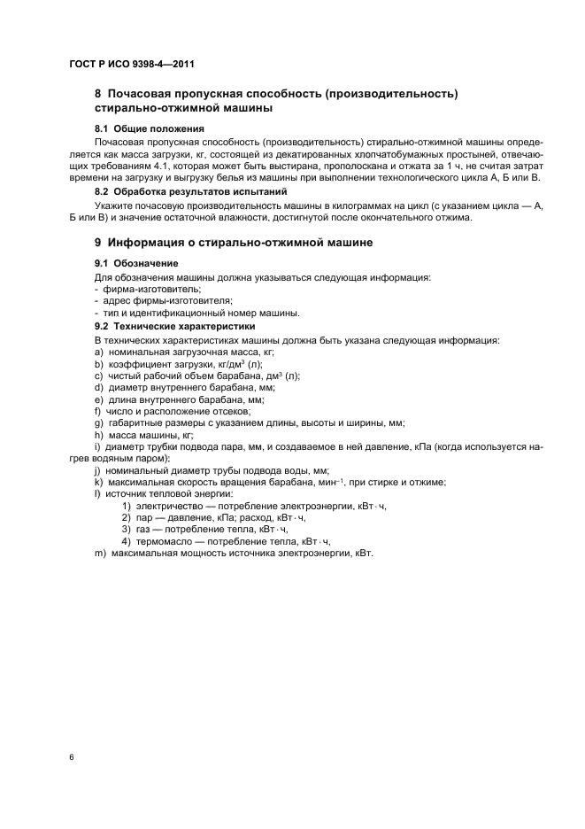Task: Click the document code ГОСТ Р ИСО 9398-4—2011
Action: coord(130,65)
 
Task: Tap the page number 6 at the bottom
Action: coord(71,757)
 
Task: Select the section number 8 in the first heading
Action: coord(98,94)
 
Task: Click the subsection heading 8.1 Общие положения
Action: coord(141,129)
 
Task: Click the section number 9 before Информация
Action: coord(98,242)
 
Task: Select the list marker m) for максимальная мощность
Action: coord(100,553)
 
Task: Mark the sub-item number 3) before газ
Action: coord(127,529)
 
